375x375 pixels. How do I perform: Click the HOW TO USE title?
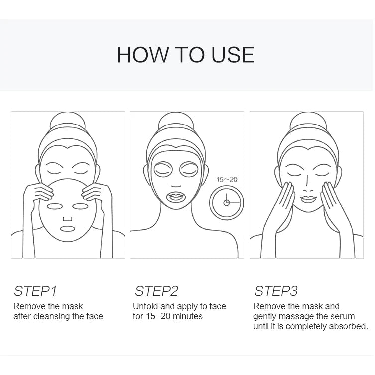[185, 55]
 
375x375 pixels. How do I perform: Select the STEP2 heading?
[156, 291]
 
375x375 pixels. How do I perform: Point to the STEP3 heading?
[276, 291]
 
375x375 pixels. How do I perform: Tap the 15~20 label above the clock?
[227, 179]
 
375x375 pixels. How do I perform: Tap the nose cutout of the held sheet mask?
[68, 218]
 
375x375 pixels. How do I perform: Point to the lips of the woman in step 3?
[306, 198]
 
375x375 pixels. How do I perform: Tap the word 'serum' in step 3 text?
[342, 316]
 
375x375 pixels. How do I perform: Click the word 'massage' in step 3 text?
[297, 316]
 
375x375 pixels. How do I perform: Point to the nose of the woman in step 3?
[307, 186]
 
